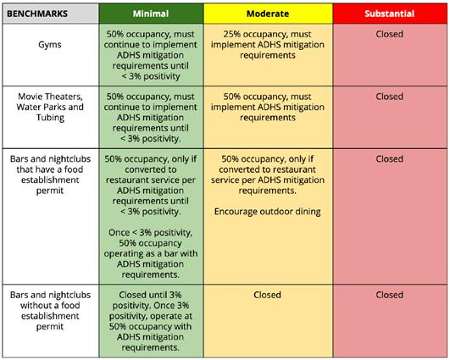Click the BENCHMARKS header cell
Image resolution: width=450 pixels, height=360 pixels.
51,14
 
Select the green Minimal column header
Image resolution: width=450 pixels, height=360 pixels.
151,14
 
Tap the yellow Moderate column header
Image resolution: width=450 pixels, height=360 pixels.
268,14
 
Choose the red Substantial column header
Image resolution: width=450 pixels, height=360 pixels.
390,14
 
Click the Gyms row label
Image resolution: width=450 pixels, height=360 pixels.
50,45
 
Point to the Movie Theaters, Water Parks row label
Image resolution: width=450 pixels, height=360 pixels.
50,107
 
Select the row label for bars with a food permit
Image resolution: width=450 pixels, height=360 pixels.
50,174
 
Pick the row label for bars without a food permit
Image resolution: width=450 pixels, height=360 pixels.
50,311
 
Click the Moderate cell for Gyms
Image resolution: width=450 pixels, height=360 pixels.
268,55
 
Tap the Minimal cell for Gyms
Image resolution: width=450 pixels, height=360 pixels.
151,55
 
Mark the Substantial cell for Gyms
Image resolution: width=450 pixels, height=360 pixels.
390,55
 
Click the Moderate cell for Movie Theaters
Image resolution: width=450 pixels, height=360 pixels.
268,117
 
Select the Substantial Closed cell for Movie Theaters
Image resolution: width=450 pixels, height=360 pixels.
390,117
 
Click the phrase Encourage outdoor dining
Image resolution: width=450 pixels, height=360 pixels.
268,212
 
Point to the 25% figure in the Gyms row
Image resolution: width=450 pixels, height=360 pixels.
232,34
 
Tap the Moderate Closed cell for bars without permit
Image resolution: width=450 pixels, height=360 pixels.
268,321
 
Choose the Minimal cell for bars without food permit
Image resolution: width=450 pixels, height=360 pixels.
151,321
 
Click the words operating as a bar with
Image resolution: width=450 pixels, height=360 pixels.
151,253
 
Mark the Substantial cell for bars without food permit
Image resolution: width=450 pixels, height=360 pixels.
390,321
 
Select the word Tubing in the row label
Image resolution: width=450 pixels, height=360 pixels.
50,118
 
